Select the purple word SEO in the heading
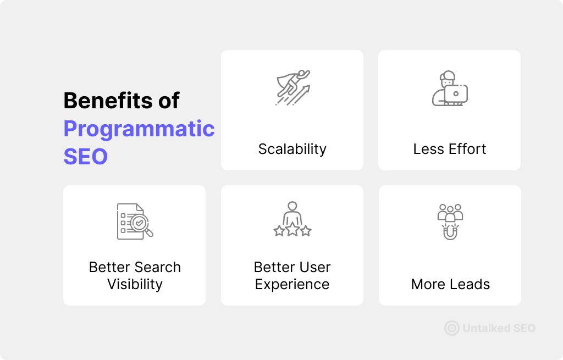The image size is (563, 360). [85, 157]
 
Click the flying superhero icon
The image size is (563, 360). [292, 87]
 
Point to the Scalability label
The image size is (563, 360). [292, 149]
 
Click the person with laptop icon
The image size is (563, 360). [450, 88]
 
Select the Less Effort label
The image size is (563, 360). [450, 149]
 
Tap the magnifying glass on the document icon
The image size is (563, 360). [141, 225]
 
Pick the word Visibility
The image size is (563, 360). [135, 285]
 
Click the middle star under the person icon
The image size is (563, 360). [292, 229]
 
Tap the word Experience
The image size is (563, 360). [292, 285]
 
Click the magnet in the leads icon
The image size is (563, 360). [450, 233]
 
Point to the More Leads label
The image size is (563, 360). [450, 284]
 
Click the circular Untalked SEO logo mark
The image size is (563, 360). [452, 328]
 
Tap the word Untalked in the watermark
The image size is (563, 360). [486, 328]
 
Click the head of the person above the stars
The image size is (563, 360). [292, 206]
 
